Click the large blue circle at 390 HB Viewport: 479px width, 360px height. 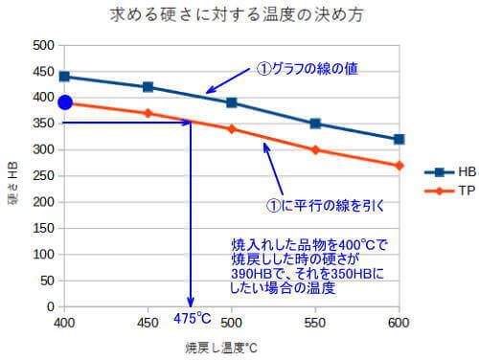(65, 102)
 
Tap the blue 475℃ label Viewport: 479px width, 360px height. (192, 318)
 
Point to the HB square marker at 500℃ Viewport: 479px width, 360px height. (232, 102)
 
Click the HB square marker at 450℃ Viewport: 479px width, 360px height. (148, 87)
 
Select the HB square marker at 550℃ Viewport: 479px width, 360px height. (315, 124)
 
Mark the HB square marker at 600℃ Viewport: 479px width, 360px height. (399, 139)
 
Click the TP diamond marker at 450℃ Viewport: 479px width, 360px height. (148, 113)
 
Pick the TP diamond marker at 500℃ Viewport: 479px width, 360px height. (232, 128)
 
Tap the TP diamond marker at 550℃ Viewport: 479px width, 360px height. (315, 149)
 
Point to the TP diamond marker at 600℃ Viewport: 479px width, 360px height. (399, 165)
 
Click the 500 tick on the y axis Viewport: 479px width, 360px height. (42, 45)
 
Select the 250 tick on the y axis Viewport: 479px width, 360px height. (42, 176)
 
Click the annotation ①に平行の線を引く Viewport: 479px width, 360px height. (330, 203)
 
